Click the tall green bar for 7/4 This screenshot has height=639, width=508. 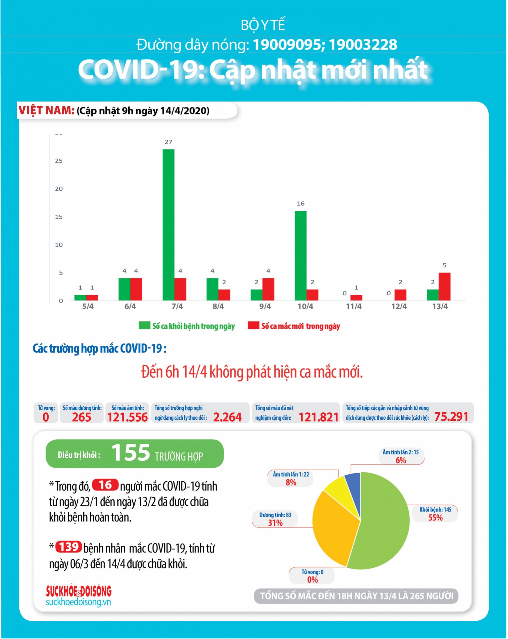coord(169,225)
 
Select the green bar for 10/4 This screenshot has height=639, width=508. coord(301,256)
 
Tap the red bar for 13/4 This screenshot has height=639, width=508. coord(445,287)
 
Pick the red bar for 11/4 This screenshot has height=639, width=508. coord(356,298)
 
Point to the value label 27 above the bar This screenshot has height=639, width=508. coord(169,142)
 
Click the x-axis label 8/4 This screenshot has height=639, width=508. coord(218,307)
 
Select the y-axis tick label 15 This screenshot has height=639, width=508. coord(59,217)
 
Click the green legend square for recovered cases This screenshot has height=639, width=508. coord(145,325)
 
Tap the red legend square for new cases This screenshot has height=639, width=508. coord(254,325)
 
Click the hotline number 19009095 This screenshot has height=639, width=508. coord(287,45)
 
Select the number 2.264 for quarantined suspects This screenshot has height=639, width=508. coord(228,417)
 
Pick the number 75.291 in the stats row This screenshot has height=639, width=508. coord(451,417)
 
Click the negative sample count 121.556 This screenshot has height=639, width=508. coord(127,417)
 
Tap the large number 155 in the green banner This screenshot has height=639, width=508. coord(131,453)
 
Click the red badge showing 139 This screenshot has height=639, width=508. coord(69,547)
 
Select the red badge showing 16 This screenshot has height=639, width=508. coord(105,485)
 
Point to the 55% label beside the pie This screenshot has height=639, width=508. coord(435,518)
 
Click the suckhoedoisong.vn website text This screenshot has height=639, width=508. coord(78,602)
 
